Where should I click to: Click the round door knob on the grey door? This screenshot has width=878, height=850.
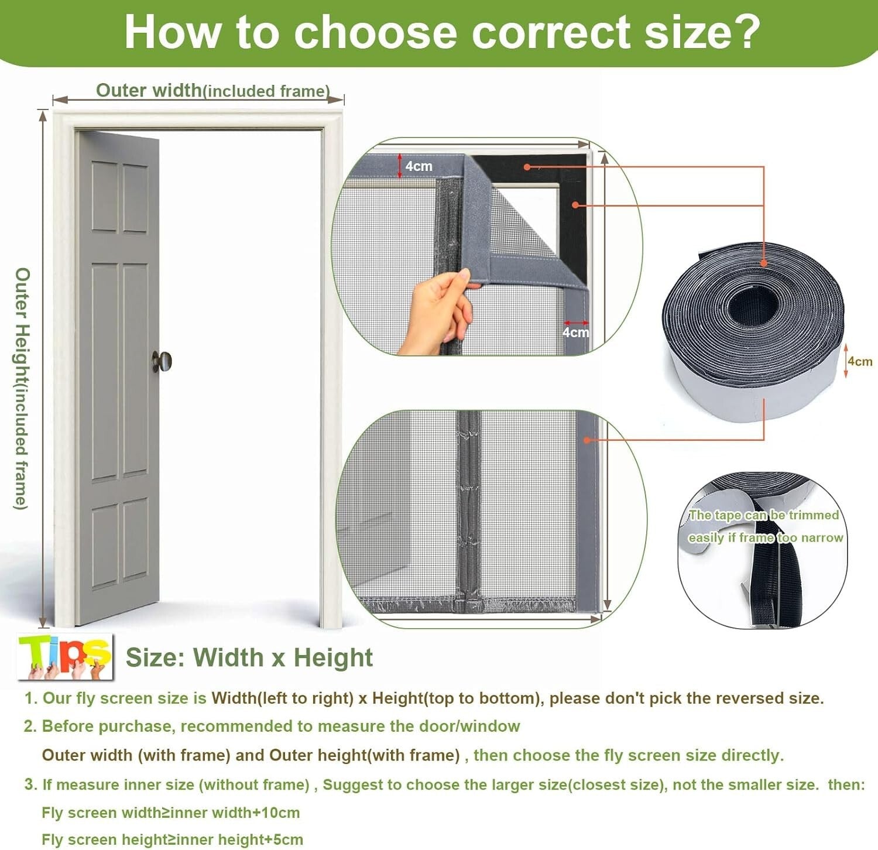pyautogui.click(x=163, y=361)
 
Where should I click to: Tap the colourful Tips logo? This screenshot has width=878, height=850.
pyautogui.click(x=65, y=657)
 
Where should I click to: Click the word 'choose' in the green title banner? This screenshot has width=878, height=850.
pyautogui.click(x=375, y=32)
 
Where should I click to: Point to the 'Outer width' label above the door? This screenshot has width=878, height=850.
pyautogui.click(x=149, y=90)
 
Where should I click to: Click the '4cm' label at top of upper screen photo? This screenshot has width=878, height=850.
pyautogui.click(x=419, y=166)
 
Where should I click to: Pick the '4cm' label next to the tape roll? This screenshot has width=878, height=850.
pyautogui.click(x=860, y=361)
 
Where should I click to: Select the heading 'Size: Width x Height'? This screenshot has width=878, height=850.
pyautogui.click(x=249, y=657)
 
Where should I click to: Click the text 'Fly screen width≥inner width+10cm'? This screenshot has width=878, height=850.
pyautogui.click(x=170, y=813)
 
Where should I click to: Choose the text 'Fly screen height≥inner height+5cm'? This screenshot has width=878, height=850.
pyautogui.click(x=172, y=839)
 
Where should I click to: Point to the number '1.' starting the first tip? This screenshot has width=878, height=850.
pyautogui.click(x=30, y=698)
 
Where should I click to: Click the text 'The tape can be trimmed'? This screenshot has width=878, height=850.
pyautogui.click(x=764, y=515)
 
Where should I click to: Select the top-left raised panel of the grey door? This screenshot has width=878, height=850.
pyautogui.click(x=104, y=196)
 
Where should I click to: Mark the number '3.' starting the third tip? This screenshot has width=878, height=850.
pyautogui.click(x=30, y=784)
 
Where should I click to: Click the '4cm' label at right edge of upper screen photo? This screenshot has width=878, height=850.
pyautogui.click(x=575, y=333)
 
